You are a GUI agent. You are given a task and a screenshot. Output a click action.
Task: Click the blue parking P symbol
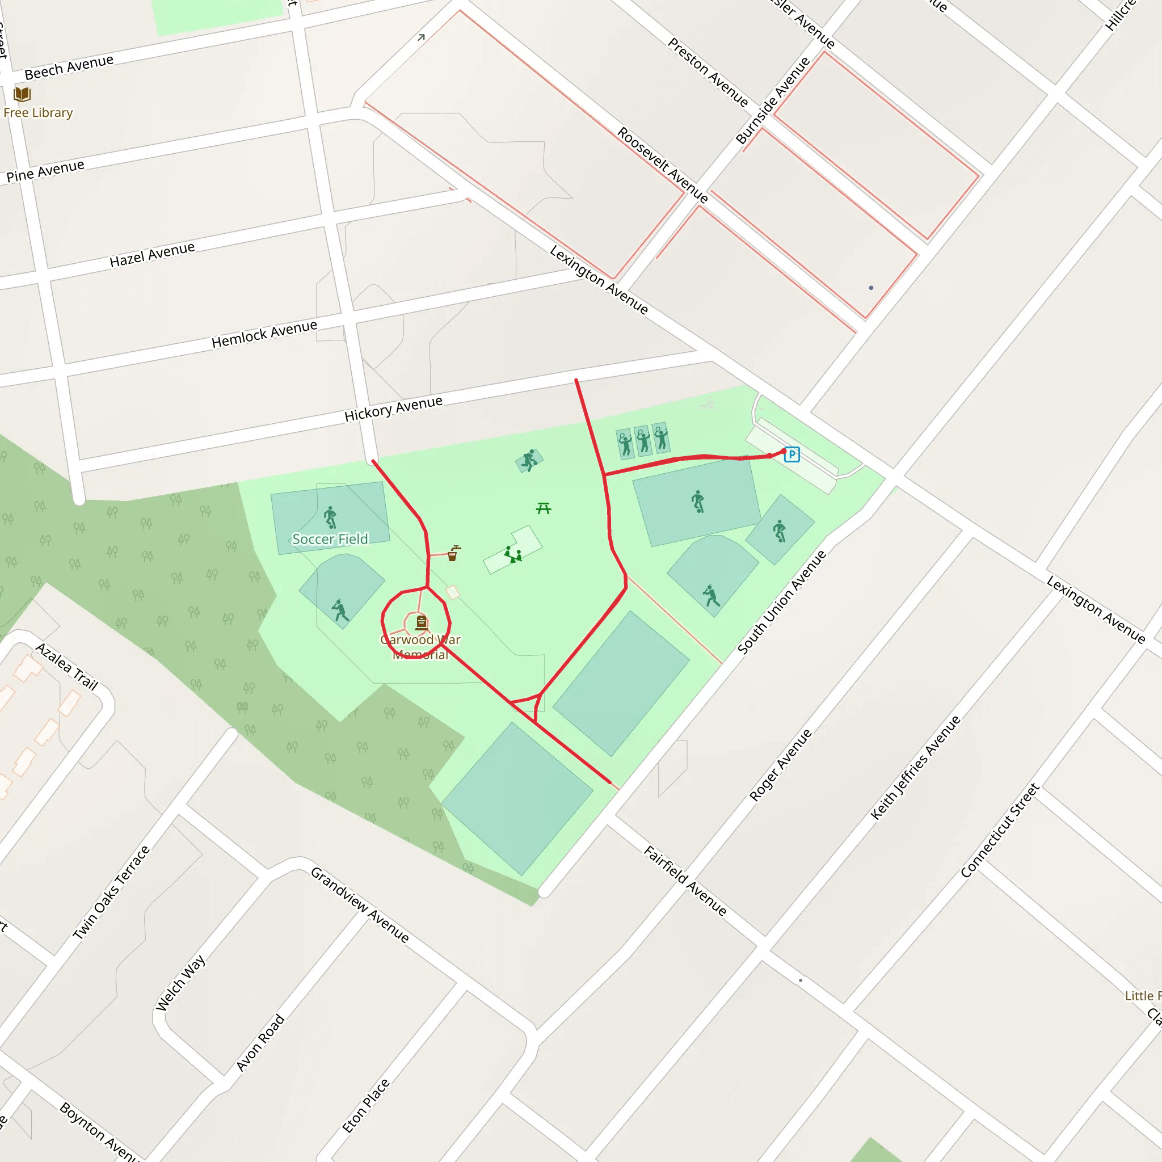(791, 454)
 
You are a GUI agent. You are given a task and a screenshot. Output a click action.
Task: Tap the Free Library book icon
(22, 94)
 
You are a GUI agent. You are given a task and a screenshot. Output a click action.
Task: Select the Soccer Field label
(330, 539)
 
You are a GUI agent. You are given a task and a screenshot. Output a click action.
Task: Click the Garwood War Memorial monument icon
(422, 622)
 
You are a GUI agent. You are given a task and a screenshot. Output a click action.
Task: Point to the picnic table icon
(544, 508)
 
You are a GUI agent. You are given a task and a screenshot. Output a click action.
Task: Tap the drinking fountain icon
(453, 553)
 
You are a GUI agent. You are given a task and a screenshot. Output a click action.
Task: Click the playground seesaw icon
(513, 554)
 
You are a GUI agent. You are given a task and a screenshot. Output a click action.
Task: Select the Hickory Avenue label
(393, 409)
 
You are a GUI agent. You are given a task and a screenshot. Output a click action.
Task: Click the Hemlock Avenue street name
(264, 334)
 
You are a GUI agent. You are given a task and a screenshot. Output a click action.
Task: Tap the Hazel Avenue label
(152, 254)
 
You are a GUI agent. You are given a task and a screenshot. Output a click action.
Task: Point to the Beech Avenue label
(69, 67)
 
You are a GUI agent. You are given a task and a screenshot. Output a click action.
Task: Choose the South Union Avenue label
(782, 601)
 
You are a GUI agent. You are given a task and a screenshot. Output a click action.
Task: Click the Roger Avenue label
(780, 765)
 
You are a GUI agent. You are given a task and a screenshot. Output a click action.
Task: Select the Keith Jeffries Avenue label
(915, 768)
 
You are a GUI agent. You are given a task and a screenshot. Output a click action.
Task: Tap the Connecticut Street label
(1000, 830)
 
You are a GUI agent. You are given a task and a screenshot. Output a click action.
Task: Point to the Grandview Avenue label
(360, 904)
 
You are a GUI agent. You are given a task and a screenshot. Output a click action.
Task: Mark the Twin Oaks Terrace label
(111, 892)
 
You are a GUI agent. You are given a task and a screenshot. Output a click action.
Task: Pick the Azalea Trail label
(67, 666)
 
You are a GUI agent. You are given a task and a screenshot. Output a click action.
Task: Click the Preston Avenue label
(708, 72)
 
